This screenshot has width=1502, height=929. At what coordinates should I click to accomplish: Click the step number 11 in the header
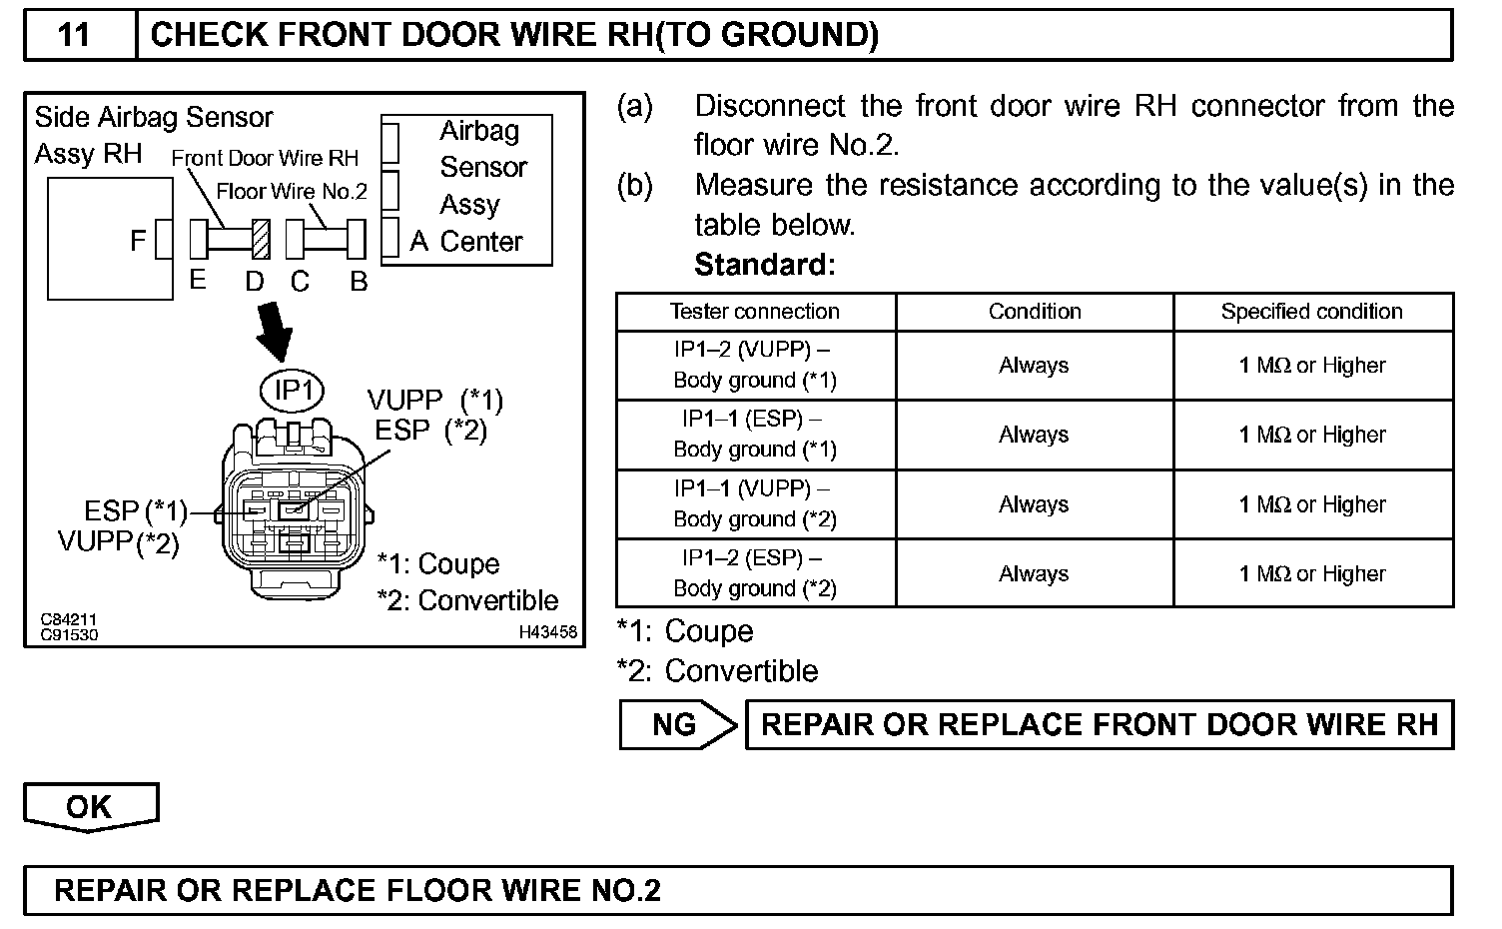75,35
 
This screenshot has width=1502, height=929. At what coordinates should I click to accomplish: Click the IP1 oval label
293,390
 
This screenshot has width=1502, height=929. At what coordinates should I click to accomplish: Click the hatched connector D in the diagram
262,240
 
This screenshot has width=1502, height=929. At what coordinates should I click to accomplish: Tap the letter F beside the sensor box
138,241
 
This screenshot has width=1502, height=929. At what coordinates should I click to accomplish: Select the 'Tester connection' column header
755,312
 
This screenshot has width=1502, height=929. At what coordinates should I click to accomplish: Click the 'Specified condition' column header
1311,312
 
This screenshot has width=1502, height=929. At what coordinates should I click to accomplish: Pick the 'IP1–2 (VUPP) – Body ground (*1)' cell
755,366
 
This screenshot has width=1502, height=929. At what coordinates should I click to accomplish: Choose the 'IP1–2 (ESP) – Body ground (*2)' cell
755,573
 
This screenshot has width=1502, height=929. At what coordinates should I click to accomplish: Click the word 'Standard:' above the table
764,265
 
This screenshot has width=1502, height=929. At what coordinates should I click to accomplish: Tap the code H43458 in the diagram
547,632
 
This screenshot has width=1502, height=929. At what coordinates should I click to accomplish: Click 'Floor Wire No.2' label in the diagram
292,192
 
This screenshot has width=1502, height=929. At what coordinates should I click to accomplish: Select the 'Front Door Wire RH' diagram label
265,158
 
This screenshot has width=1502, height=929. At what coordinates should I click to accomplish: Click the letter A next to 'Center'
419,242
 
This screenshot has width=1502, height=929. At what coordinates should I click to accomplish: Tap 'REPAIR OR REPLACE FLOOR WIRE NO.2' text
358,890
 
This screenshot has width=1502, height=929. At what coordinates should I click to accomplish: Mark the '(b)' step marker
635,186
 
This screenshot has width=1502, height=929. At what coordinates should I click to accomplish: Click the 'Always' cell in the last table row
1034,573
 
